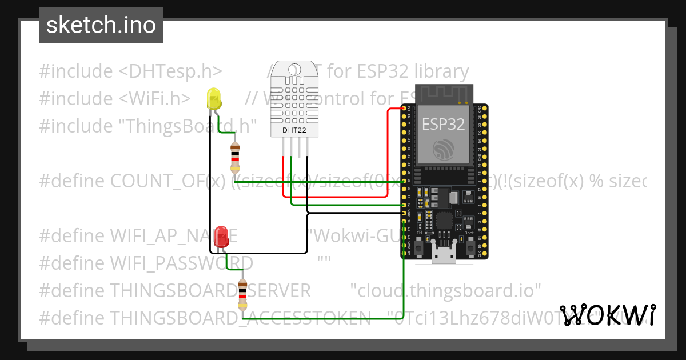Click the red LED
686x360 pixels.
(222, 237)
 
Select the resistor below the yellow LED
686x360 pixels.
(235, 158)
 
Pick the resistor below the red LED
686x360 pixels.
(243, 294)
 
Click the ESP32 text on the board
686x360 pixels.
(443, 124)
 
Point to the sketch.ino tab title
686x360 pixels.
(101, 25)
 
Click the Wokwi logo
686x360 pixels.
(608, 315)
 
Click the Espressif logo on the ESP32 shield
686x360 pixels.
(444, 150)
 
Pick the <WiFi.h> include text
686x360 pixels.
(155, 99)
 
